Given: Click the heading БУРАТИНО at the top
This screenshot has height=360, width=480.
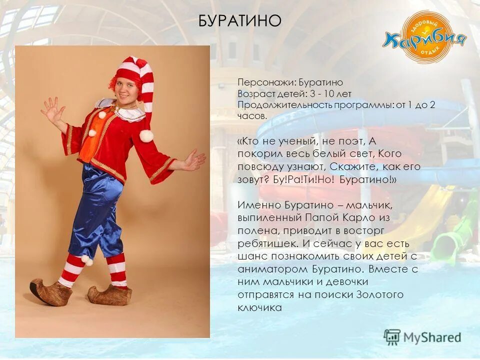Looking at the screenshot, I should coord(240,21).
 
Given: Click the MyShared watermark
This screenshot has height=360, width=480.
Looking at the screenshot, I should coord(422,336).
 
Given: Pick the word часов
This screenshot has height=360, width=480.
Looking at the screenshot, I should coord(251,115).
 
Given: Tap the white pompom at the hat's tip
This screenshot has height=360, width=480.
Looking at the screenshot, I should coord(145,135).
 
